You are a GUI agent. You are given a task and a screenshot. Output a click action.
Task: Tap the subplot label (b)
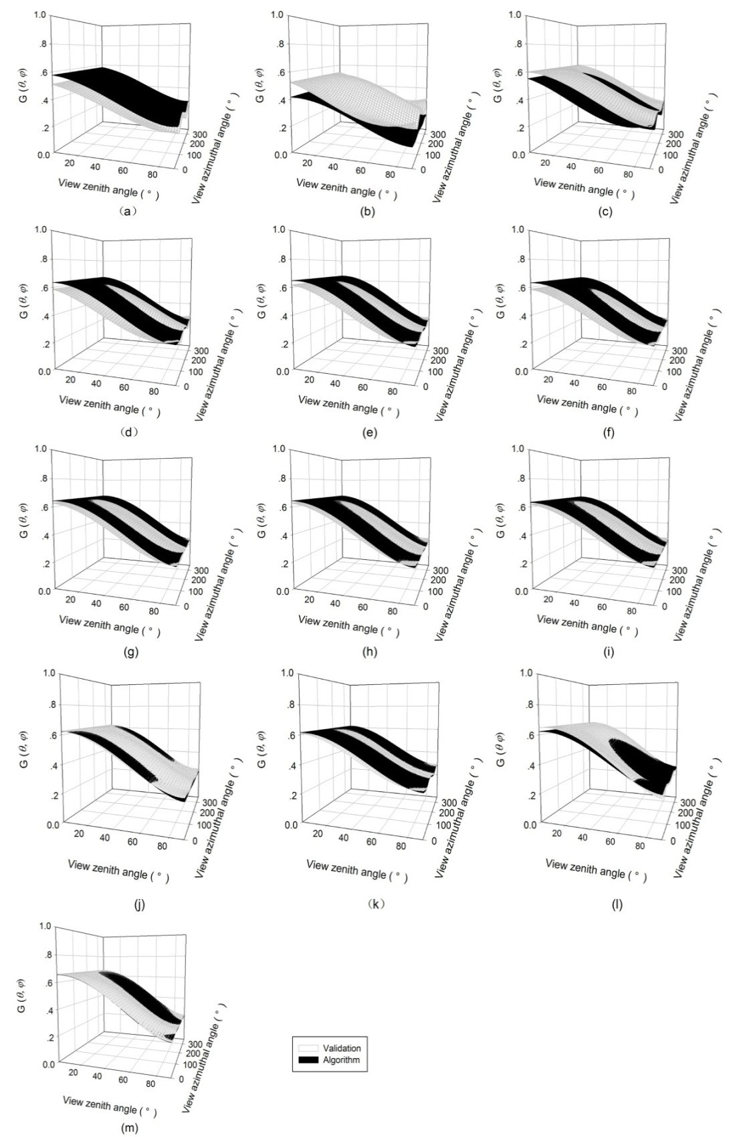pyautogui.click(x=367, y=211)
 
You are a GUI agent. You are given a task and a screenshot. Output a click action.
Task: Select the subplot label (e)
pyautogui.click(x=369, y=432)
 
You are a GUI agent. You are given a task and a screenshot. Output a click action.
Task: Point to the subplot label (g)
pyautogui.click(x=131, y=651)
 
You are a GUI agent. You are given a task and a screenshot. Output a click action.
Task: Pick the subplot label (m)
pyautogui.click(x=129, y=1128)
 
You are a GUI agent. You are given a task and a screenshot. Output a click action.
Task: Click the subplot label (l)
pyautogui.click(x=617, y=904)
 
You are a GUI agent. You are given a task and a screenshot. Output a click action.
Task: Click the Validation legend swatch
pyautogui.click(x=306, y=1048)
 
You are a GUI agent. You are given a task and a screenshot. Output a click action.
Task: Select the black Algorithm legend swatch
pyautogui.click(x=306, y=1060)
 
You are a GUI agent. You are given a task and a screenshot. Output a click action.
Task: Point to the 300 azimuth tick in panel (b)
pyautogui.click(x=437, y=134)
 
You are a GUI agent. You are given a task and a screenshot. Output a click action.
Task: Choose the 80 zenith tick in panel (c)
pyautogui.click(x=627, y=175)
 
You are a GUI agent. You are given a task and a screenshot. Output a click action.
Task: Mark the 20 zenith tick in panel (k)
pyautogui.click(x=318, y=833)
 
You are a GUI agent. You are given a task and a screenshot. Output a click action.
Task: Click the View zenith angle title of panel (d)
pyautogui.click(x=110, y=405)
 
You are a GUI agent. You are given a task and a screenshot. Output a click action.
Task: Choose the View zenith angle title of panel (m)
pyautogui.click(x=110, y=1106)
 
